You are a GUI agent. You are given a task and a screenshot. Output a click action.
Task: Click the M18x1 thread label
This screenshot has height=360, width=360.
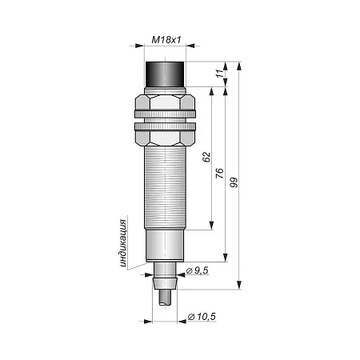166,40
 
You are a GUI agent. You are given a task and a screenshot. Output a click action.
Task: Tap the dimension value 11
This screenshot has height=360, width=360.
220,74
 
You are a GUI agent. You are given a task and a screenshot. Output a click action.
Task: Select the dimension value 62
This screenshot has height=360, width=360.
206,157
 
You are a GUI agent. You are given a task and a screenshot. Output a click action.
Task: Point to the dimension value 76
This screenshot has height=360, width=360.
219,174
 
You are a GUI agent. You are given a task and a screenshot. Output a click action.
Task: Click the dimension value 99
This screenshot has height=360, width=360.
234,182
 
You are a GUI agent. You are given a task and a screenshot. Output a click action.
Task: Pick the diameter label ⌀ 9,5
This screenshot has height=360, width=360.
197,270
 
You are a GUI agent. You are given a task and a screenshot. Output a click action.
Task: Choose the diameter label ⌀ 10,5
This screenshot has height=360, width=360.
202,317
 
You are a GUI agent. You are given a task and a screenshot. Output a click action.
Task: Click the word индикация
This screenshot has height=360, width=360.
122,243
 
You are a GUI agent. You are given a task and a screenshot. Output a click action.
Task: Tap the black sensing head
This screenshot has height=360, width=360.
165,74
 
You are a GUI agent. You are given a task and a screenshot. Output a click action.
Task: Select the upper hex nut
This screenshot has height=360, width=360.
165,102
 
